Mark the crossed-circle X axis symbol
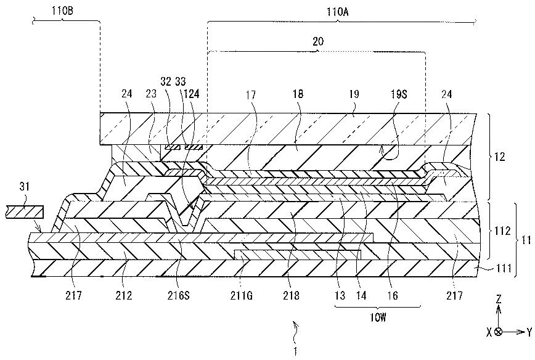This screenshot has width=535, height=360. click(498, 332)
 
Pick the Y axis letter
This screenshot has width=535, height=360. click(528, 332)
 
